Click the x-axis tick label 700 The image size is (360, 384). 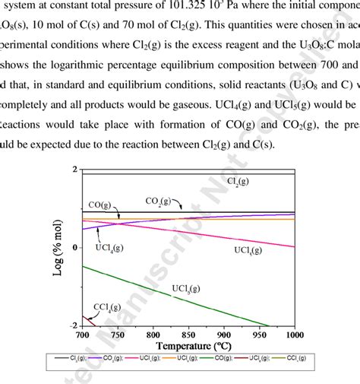click(82, 335)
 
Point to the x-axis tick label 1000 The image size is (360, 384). click(291, 335)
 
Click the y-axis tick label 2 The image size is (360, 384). click(73, 170)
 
